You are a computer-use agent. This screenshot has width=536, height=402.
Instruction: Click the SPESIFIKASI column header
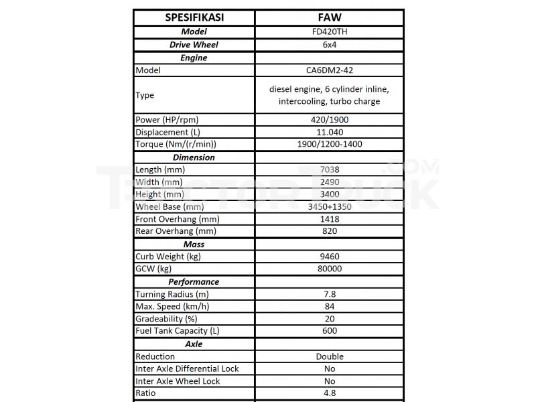(x=194, y=17)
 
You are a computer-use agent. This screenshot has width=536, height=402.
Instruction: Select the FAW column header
(x=329, y=17)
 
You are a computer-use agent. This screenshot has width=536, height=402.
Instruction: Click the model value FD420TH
(x=329, y=31)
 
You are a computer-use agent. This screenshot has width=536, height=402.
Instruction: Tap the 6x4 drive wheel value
(x=329, y=45)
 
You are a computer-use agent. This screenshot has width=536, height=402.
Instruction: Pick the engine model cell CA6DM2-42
(x=329, y=70)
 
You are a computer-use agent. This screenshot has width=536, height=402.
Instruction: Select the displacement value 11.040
(x=329, y=132)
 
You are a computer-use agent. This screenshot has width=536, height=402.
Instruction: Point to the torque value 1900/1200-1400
(x=329, y=144)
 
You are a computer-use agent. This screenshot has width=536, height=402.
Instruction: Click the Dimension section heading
(x=194, y=157)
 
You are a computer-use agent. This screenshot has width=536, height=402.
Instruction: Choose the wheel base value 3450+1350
(x=329, y=206)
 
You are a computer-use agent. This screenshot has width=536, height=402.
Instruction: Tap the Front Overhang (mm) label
(x=177, y=219)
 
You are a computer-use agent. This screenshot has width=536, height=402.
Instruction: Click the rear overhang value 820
(x=329, y=231)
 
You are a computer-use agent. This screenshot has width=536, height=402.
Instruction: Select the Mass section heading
(x=194, y=245)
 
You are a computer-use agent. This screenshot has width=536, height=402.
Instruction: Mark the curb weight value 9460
(x=329, y=257)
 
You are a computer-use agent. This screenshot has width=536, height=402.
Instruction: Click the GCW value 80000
(x=329, y=269)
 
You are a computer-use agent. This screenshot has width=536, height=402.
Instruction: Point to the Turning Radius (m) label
(x=172, y=294)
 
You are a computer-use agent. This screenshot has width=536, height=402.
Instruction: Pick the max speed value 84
(x=329, y=306)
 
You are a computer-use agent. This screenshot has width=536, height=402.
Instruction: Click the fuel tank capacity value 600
(x=329, y=331)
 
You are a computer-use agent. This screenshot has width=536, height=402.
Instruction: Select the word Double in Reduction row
(x=329, y=356)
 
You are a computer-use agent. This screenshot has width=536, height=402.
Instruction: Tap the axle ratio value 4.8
(x=329, y=393)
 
